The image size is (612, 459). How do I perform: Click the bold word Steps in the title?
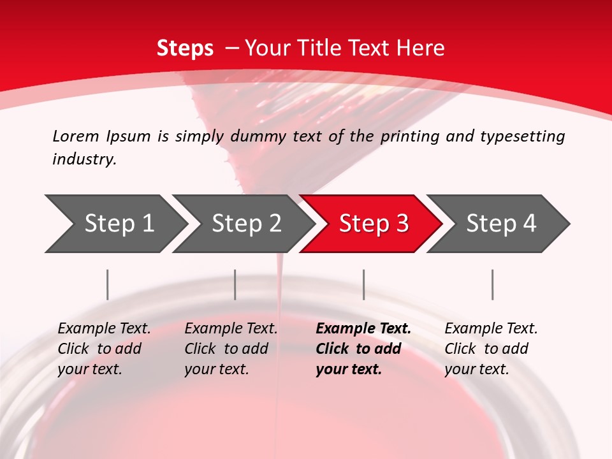coord(185,48)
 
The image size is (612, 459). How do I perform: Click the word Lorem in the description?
coord(76,136)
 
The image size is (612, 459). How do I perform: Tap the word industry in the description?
coord(84,159)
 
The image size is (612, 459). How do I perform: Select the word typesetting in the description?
coord(522,136)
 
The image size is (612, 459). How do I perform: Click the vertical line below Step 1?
coord(108,284)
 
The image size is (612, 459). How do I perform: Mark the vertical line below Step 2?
coord(235,284)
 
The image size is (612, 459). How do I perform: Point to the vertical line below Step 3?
coord(363,284)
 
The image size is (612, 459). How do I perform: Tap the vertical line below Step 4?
coord(492,284)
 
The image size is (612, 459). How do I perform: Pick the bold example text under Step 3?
coord(363,349)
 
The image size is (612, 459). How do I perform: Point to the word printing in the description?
coord(409,136)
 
